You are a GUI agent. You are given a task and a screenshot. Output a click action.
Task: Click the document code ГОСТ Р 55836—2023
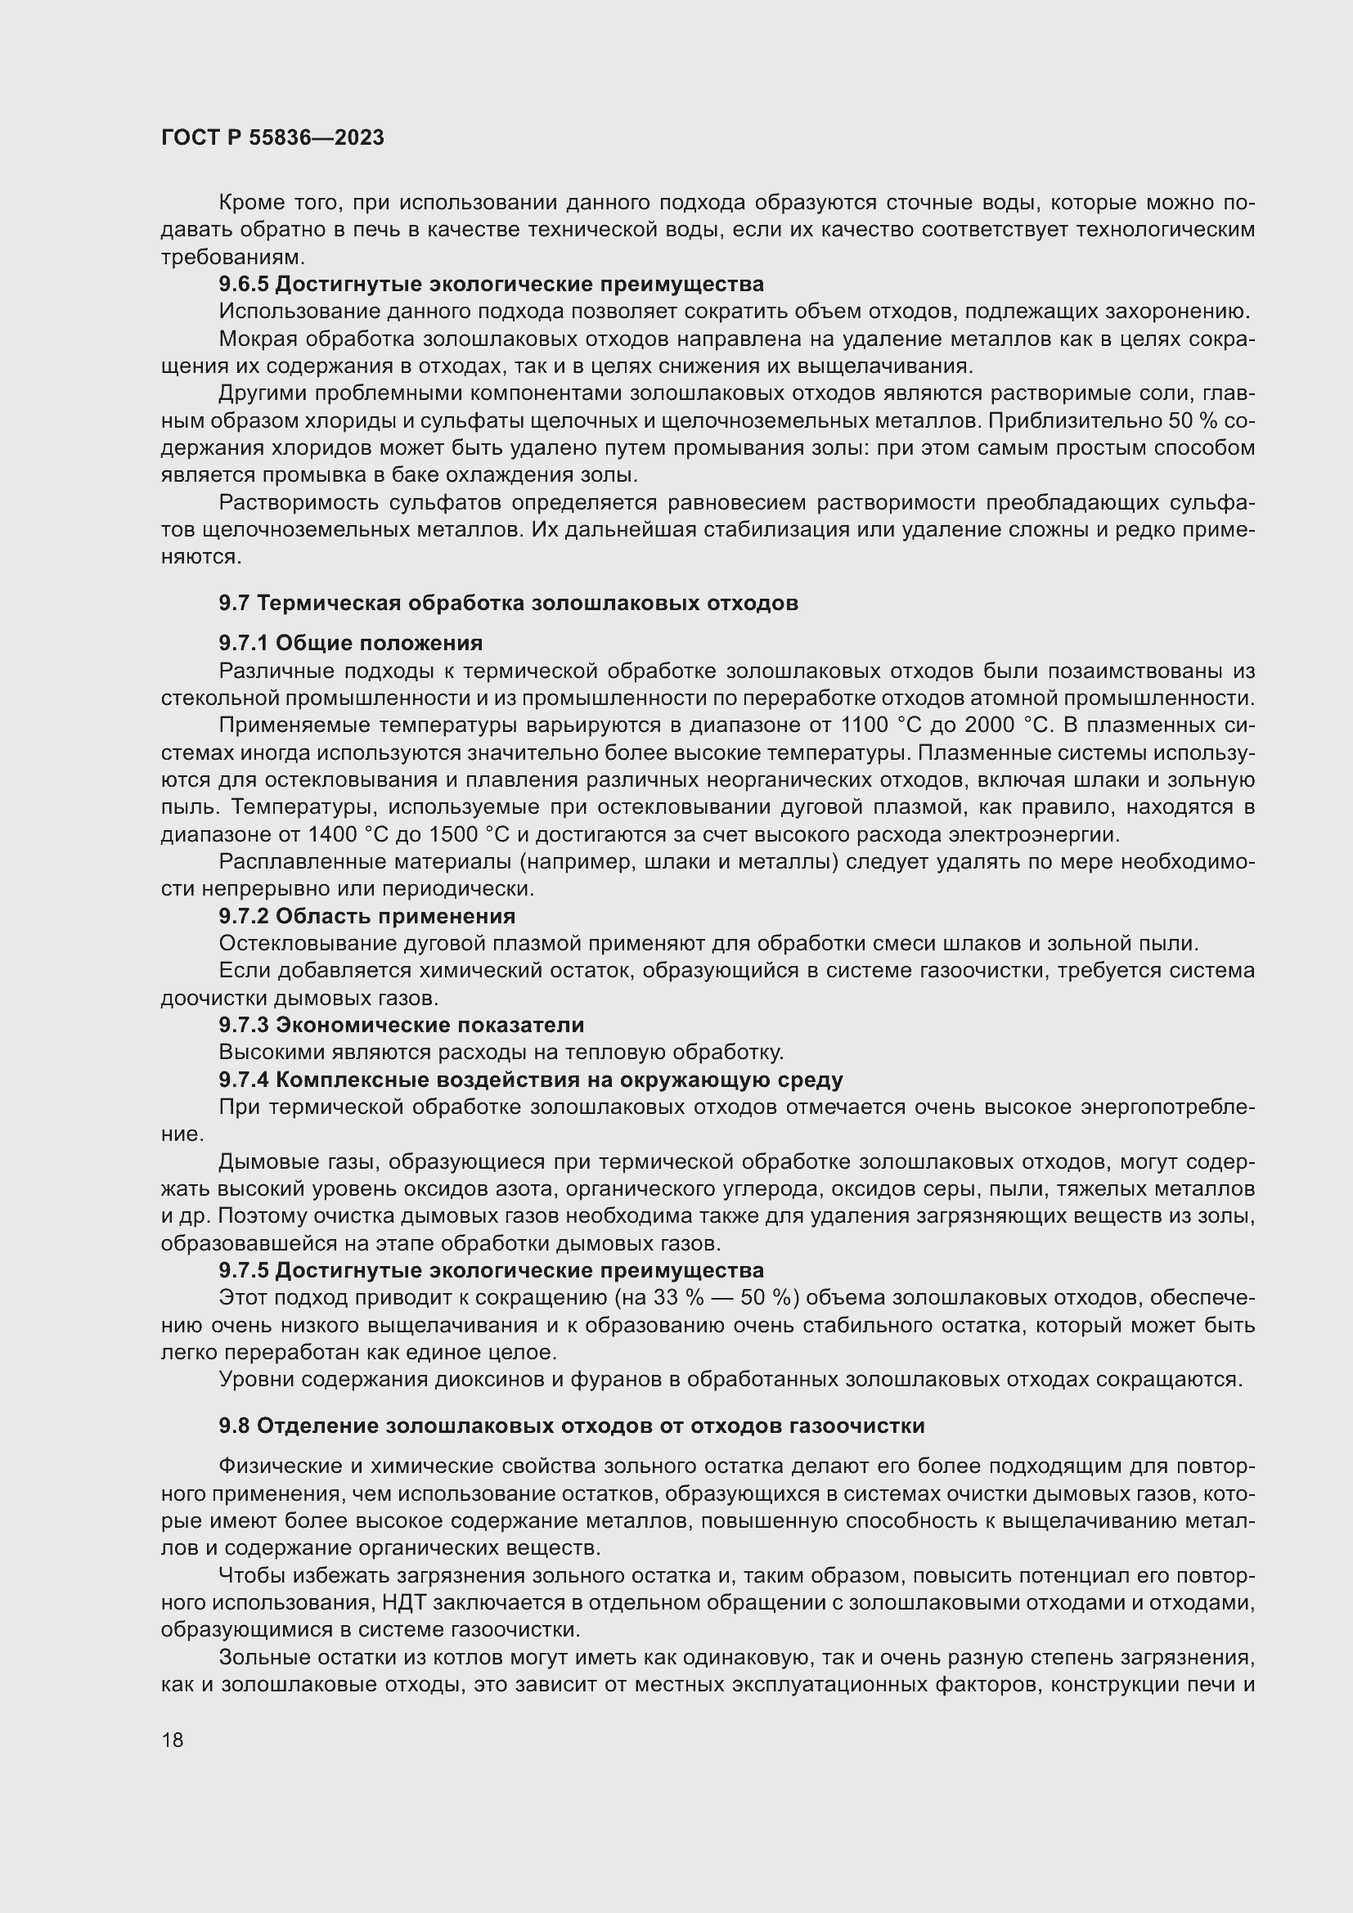click(272, 138)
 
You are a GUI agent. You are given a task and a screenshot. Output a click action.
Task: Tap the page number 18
click(173, 1740)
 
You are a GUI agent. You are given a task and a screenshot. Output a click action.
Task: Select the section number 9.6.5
click(243, 285)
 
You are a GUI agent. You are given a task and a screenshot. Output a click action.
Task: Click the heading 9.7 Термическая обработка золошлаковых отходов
click(508, 604)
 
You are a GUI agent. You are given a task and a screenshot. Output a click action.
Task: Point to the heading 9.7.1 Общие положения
click(351, 643)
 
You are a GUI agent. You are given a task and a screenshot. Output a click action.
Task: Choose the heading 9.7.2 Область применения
click(367, 917)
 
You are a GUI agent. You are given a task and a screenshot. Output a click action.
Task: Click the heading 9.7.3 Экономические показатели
click(402, 1026)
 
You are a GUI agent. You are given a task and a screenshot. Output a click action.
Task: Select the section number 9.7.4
click(243, 1080)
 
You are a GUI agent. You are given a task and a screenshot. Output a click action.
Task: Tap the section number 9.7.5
click(243, 1271)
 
